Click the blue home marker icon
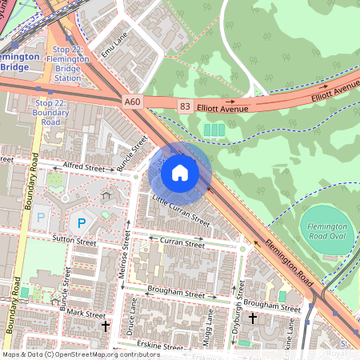[x=180, y=172]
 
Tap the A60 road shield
[x=133, y=102]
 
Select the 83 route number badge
[x=186, y=106]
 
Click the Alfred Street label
[x=84, y=169]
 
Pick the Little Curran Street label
[x=181, y=210]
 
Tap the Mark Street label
[x=86, y=313]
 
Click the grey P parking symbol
[x=40, y=217]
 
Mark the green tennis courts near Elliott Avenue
[x=214, y=130]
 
